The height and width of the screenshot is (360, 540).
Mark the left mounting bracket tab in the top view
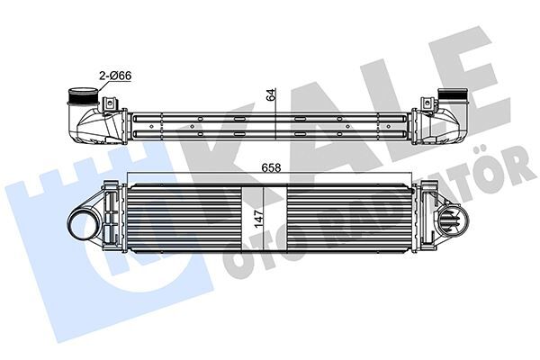click(x=107, y=107)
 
